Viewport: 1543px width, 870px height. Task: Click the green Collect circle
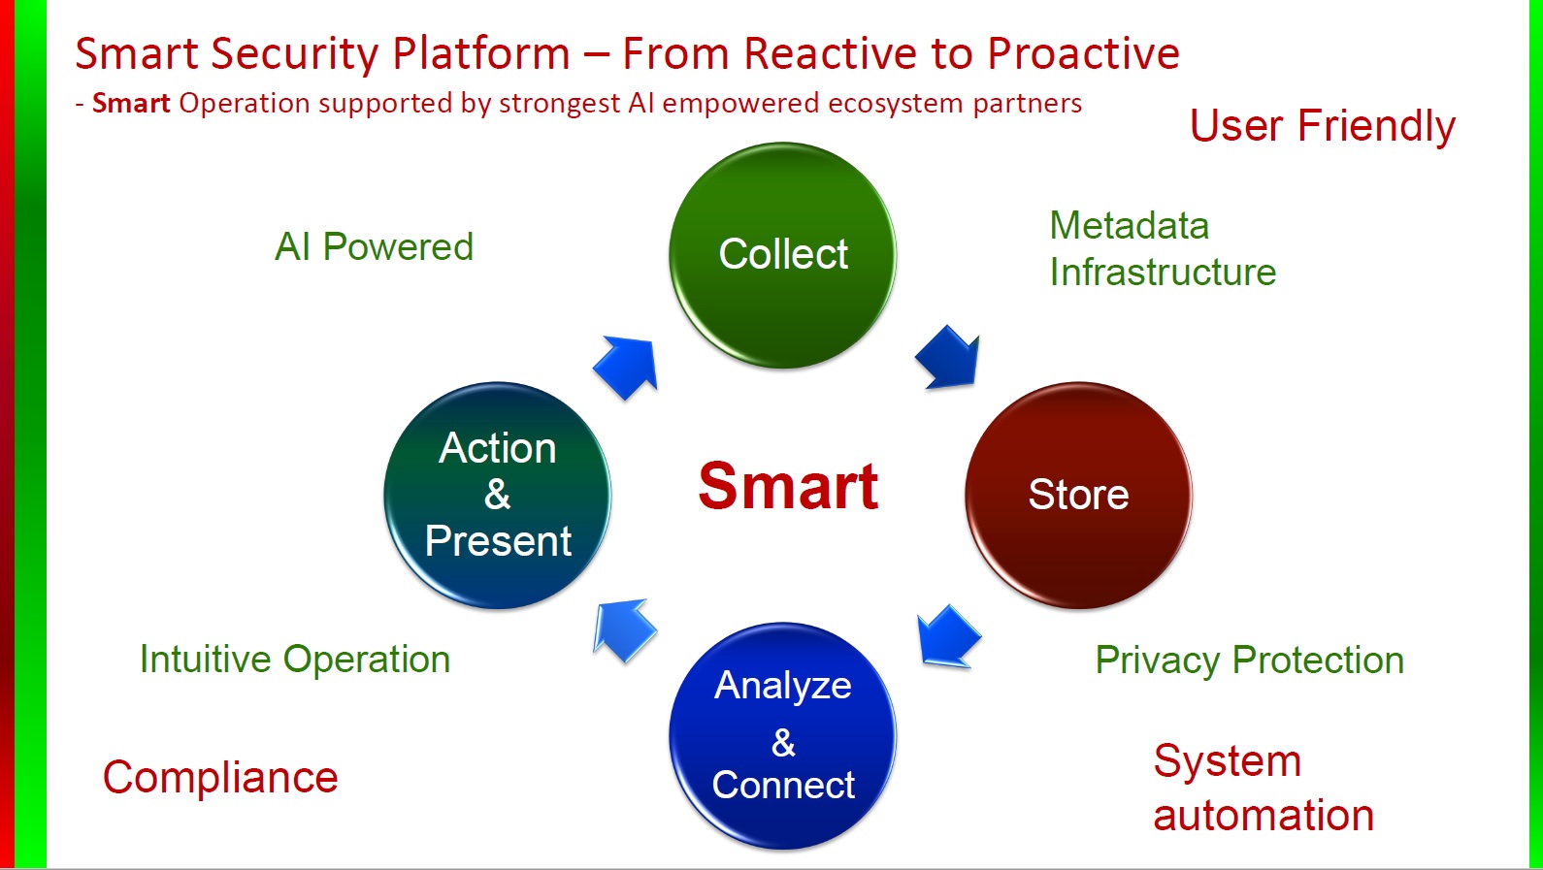tap(782, 255)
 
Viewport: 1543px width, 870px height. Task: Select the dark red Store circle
tap(1079, 496)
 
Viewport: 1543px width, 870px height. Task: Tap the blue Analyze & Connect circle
tap(782, 736)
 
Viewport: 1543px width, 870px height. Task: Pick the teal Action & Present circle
tap(497, 496)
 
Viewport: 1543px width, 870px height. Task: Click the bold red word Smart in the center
tap(788, 486)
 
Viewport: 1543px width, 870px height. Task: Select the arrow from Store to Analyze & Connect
tap(948, 636)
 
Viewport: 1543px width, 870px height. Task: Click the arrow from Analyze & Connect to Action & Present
tap(624, 629)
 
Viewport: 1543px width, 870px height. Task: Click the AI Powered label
tap(374, 246)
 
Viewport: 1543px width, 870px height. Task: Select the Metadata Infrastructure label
tap(1163, 248)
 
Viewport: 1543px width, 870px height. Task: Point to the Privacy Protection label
tap(1250, 661)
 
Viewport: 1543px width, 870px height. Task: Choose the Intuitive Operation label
tap(295, 660)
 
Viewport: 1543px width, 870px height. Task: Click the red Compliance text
tap(220, 778)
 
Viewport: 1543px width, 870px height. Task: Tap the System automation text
tap(1264, 788)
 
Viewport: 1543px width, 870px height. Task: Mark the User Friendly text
tap(1323, 126)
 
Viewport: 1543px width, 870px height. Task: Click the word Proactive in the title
tap(1084, 53)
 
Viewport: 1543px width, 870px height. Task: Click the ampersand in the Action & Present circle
tap(497, 495)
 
